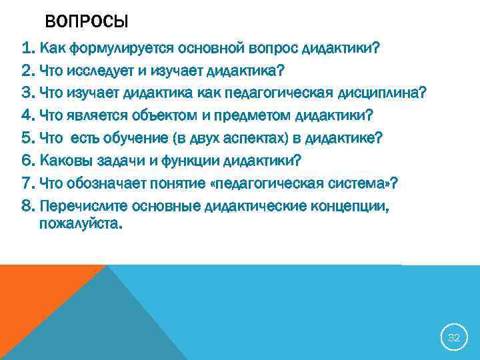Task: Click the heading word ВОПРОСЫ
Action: (x=87, y=22)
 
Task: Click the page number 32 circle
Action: (x=453, y=338)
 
